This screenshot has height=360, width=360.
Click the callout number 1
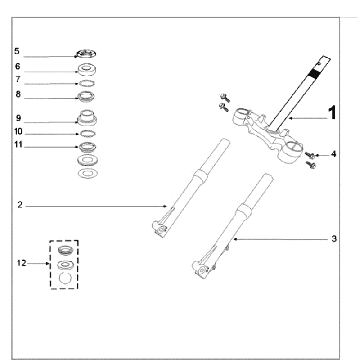tap(332, 113)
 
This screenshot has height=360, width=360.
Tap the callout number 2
tap(20, 205)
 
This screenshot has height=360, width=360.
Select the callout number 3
tap(334, 239)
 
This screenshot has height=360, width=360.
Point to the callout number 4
tap(333, 154)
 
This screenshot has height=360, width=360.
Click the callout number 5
tap(17, 51)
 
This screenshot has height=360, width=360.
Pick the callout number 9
tap(18, 118)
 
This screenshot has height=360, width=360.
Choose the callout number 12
tap(21, 263)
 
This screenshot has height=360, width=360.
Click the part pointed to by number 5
tap(86, 53)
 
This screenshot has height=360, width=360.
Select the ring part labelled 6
tap(87, 69)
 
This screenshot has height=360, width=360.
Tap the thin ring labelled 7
tap(87, 83)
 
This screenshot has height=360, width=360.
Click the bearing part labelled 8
tap(86, 96)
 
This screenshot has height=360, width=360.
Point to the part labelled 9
tap(87, 118)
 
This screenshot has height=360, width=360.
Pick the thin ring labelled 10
tap(87, 134)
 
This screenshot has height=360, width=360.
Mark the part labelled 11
tap(87, 146)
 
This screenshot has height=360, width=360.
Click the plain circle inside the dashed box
tap(65, 278)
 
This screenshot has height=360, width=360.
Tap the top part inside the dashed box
tap(65, 250)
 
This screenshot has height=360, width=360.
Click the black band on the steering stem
tap(313, 73)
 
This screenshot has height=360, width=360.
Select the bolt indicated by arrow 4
tap(310, 155)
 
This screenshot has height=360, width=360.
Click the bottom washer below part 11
tap(87, 174)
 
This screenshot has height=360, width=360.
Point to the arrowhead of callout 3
tap(235, 239)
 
